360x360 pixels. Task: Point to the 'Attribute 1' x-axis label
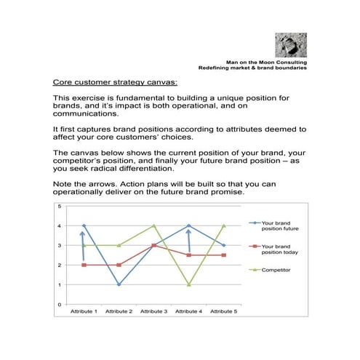tap(84, 311)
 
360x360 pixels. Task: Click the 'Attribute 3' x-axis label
tap(153, 311)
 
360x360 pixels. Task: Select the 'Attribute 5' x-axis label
tap(223, 311)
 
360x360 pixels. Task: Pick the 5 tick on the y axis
tap(59, 207)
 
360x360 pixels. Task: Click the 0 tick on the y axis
tap(59, 304)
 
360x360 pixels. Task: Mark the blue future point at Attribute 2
tap(119, 284)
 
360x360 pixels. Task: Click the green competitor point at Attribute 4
tap(188, 284)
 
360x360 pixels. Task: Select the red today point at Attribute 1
tap(84, 265)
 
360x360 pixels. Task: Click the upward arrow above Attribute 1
tap(82, 246)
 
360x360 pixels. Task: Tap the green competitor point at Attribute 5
tap(223, 226)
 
